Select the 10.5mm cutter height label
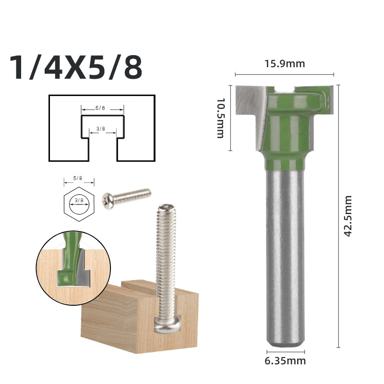tap(220, 118)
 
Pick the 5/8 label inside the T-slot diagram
tap(100, 108)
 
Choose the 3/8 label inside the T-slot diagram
tap(100, 129)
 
